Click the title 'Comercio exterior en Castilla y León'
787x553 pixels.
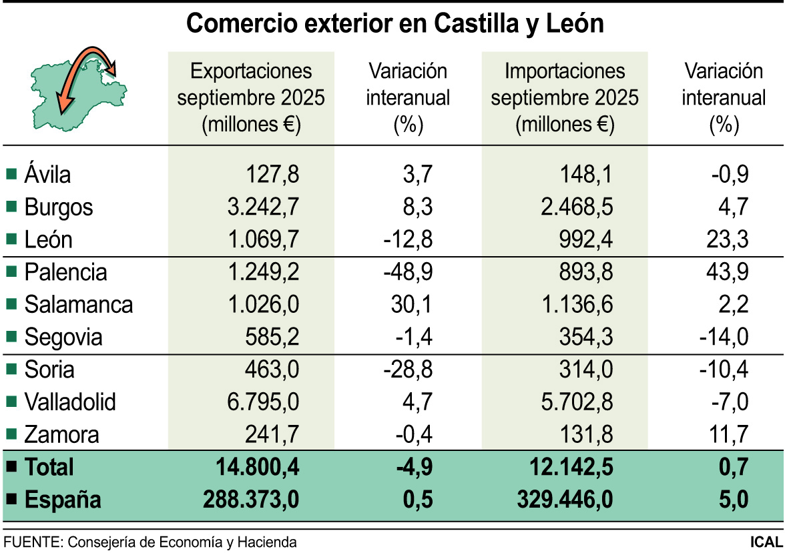(x=395, y=24)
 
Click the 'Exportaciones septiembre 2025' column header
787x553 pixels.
(x=251, y=97)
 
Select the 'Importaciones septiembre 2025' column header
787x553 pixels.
(x=565, y=97)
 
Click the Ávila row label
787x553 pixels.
(x=47, y=175)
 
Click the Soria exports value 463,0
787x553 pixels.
(x=271, y=370)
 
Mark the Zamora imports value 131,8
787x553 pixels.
(x=585, y=435)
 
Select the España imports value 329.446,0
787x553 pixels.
(x=565, y=500)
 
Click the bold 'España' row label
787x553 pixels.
(x=62, y=500)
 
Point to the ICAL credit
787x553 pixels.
(x=766, y=542)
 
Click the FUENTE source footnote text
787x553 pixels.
(x=150, y=542)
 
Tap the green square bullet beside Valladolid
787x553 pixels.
(x=11, y=402)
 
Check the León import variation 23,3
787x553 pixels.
(x=728, y=239)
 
